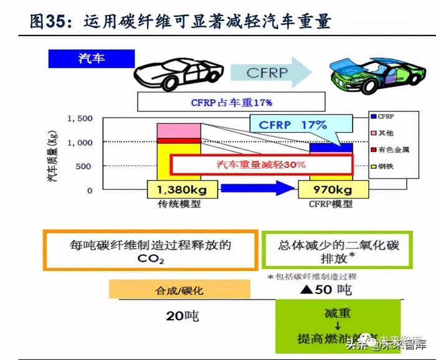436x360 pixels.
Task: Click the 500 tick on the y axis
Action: pyautogui.click(x=84, y=166)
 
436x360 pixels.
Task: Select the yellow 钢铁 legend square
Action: pyautogui.click(x=372, y=166)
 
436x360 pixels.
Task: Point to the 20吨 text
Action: pyautogui.click(x=182, y=316)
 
